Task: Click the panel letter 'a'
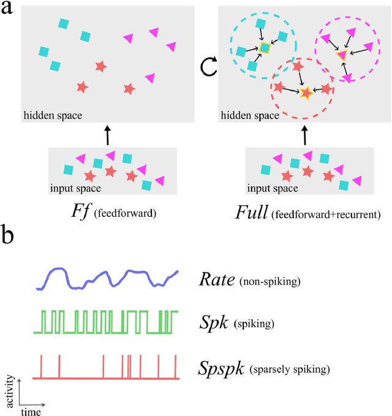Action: tap(8, 10)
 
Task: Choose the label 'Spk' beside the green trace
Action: tap(212, 321)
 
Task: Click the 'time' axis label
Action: tap(31, 412)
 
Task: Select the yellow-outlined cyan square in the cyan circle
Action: tap(264, 48)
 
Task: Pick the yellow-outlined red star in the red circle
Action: tap(306, 93)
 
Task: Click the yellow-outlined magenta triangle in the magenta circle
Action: tap(341, 56)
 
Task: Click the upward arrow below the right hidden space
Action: tap(304, 135)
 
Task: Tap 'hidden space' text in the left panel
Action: tap(53, 115)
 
